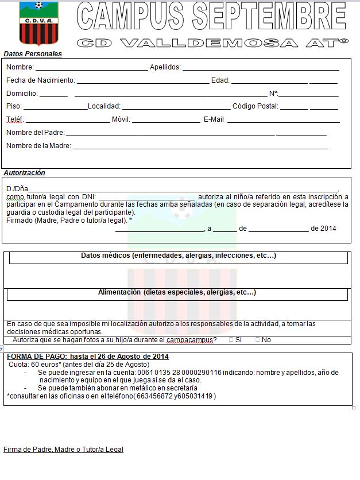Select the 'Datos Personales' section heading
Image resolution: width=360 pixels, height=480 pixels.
[x=33, y=54]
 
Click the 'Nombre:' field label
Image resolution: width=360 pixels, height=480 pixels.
[x=20, y=67]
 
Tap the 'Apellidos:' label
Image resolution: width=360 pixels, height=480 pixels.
[x=165, y=67]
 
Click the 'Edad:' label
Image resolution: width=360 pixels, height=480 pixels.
[x=220, y=80]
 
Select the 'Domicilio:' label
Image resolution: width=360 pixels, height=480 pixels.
[x=22, y=94]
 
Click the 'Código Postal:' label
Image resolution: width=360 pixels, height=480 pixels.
[x=256, y=106]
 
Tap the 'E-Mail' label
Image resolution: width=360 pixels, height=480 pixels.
[x=214, y=119]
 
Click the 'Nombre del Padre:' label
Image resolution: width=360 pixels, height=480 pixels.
[x=36, y=133]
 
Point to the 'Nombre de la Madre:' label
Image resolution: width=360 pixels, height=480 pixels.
[x=38, y=146]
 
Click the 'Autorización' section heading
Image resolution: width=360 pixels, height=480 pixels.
[x=24, y=173]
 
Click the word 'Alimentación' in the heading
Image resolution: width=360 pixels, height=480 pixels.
[x=119, y=292]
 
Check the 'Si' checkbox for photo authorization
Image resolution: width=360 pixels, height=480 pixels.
[x=231, y=340]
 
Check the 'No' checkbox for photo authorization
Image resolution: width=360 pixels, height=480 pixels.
[x=257, y=340]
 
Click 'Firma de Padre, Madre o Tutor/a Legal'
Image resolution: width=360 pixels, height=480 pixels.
[x=63, y=450]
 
